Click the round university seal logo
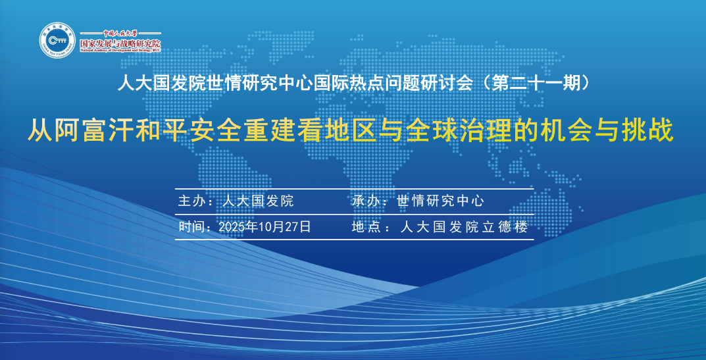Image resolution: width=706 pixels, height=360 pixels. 58,40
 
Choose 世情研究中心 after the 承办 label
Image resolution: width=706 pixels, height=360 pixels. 440,201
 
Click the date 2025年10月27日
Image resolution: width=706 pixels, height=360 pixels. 265,227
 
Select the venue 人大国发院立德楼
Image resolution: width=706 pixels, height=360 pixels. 465,227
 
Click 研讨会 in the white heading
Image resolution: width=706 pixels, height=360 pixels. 450,84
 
